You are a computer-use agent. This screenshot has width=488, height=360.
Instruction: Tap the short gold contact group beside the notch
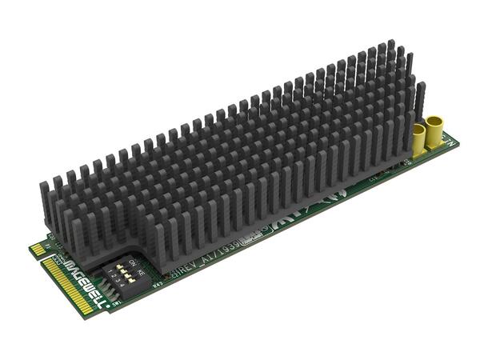pos(38,250)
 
